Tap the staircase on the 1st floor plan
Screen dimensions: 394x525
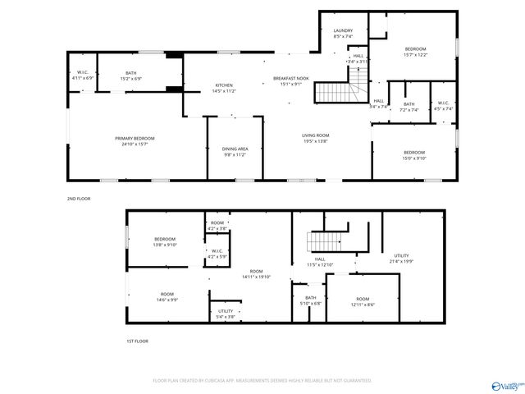pos(322,242)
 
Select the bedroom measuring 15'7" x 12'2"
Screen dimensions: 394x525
pos(416,52)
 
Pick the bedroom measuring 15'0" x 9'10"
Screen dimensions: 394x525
pos(414,155)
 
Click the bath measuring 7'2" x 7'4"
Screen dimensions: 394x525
pos(409,107)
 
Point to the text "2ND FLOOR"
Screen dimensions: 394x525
pos(80,199)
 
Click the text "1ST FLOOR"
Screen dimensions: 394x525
pos(138,340)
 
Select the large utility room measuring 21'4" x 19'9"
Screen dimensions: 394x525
pos(403,259)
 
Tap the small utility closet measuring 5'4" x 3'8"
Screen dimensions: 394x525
pos(226,314)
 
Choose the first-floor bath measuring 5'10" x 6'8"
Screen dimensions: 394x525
pos(311,300)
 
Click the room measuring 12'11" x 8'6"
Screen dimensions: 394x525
pos(363,301)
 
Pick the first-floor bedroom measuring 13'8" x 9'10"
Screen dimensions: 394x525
pos(166,241)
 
